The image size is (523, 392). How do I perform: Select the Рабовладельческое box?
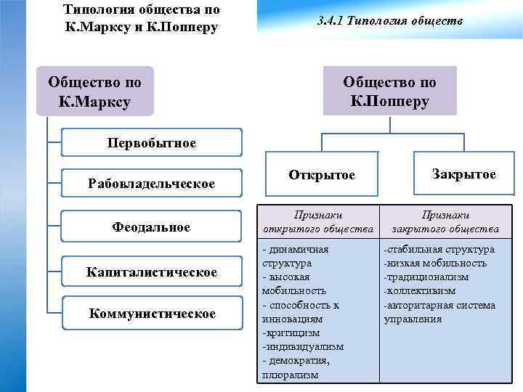coord(151,184)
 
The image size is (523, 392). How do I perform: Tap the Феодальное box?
coord(151,227)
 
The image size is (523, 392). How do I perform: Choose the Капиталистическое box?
coord(151,272)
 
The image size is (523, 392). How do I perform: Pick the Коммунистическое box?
coord(151,313)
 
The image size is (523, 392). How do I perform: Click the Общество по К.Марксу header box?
coord(94,91)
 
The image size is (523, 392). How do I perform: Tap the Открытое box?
coord(322,175)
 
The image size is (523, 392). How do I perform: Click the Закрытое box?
coord(463,174)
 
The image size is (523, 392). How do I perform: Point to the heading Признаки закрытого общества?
coord(445,222)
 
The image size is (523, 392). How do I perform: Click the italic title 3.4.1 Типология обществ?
coord(390,22)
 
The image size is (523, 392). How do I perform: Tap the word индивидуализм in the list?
coord(304,347)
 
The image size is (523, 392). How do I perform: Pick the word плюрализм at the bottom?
coord(290,375)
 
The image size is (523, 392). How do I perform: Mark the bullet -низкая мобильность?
coord(435,263)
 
